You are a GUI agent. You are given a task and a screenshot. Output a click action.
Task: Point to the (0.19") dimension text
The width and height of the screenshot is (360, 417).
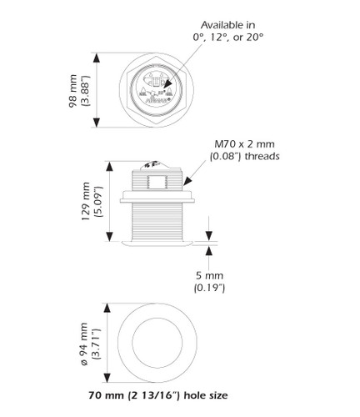tap(208, 288)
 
